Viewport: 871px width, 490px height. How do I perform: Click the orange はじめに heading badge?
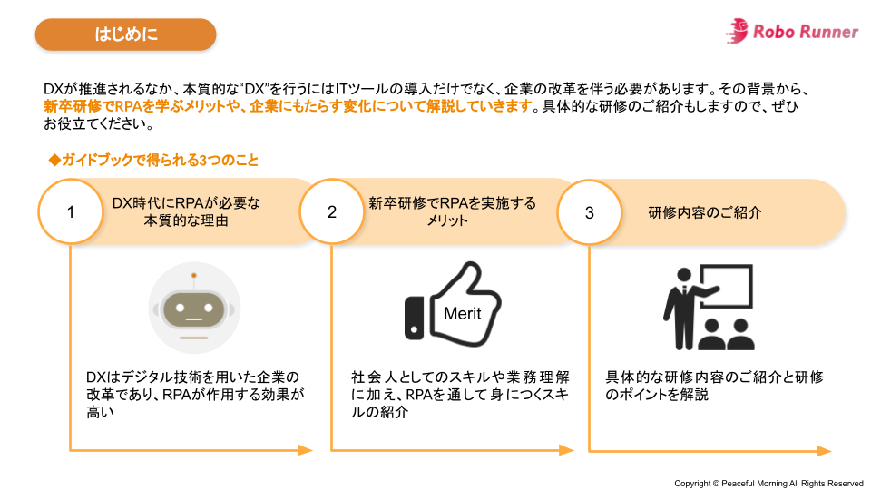[125, 34]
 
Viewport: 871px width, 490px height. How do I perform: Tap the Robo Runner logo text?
[805, 32]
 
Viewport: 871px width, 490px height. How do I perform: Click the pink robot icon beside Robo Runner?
[736, 30]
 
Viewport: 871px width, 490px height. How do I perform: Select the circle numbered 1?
[71, 212]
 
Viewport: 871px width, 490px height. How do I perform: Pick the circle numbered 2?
[332, 212]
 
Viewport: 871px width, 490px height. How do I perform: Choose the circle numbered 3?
[590, 212]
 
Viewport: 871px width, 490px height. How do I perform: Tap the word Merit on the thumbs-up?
[462, 314]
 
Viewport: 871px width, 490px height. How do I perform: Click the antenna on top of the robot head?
[193, 275]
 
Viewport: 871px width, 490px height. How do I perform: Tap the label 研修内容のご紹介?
[704, 212]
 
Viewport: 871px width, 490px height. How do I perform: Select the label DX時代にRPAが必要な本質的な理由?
[185, 211]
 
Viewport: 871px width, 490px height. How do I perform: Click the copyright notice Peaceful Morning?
[768, 483]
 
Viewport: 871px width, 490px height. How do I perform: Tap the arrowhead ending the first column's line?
[305, 449]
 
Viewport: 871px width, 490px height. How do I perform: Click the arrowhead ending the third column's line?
[823, 450]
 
